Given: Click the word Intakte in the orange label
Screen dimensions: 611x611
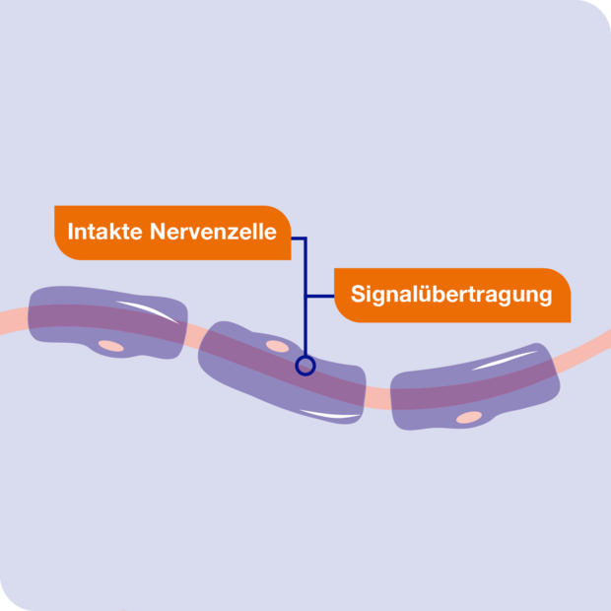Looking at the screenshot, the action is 105,232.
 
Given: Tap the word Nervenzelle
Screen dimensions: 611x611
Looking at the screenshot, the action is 213,232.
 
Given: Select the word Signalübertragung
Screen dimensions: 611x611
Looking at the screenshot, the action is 451,295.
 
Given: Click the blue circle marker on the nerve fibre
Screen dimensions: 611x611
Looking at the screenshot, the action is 305,366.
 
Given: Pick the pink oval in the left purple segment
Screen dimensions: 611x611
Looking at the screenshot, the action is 111,346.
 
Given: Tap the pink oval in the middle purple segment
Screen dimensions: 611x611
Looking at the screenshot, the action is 278,346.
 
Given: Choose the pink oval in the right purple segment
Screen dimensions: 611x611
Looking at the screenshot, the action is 469,417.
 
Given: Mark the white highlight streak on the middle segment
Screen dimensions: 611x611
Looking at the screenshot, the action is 329,414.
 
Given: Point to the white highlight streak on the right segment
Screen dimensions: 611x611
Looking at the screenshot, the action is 504,361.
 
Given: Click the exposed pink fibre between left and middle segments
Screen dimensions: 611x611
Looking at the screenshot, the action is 192,335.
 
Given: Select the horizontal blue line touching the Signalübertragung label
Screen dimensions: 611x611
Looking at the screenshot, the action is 320,297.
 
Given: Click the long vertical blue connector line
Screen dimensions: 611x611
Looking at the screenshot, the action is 305,297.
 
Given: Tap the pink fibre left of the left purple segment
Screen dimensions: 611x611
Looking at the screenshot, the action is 15,322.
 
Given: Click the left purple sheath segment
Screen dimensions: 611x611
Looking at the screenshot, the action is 107,322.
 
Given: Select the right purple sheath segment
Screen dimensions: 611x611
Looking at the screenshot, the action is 475,387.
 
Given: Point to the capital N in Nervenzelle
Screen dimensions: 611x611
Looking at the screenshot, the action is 158,232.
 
